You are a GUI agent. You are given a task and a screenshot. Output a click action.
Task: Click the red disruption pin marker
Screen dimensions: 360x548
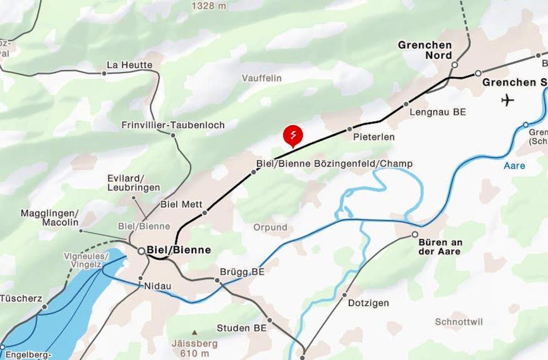(x=293, y=136)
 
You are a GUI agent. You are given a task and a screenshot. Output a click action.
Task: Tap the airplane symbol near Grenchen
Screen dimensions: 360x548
(x=508, y=100)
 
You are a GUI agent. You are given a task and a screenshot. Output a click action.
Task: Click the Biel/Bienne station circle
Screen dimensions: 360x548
(x=142, y=251)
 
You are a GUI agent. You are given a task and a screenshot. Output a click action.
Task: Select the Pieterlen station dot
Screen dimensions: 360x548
(x=350, y=129)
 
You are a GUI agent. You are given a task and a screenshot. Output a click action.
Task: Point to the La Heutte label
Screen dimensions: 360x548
(x=130, y=65)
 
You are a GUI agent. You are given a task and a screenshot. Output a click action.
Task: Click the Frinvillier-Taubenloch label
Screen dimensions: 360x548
(x=173, y=125)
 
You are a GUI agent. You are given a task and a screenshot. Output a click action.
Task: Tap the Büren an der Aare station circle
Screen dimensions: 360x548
(x=415, y=235)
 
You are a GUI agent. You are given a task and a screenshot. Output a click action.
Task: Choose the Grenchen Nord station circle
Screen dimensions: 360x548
(x=454, y=65)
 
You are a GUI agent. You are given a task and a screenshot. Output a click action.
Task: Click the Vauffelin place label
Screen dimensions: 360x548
(x=262, y=78)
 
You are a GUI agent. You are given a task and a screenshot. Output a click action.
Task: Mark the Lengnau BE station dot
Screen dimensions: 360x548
(x=406, y=104)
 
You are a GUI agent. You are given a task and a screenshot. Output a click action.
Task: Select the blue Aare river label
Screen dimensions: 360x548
(x=514, y=165)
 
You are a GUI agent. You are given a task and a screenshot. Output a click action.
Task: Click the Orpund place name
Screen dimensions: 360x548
(x=270, y=227)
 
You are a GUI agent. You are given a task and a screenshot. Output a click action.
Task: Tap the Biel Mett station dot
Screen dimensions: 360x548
(x=205, y=212)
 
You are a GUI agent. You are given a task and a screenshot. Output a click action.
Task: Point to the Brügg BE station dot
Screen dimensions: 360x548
(x=217, y=281)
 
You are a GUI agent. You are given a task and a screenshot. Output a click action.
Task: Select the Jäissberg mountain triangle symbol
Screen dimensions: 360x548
(x=194, y=333)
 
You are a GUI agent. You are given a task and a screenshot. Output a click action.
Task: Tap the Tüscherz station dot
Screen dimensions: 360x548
(x=45, y=307)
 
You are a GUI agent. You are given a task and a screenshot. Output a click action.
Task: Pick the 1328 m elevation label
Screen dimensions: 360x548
(x=209, y=6)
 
